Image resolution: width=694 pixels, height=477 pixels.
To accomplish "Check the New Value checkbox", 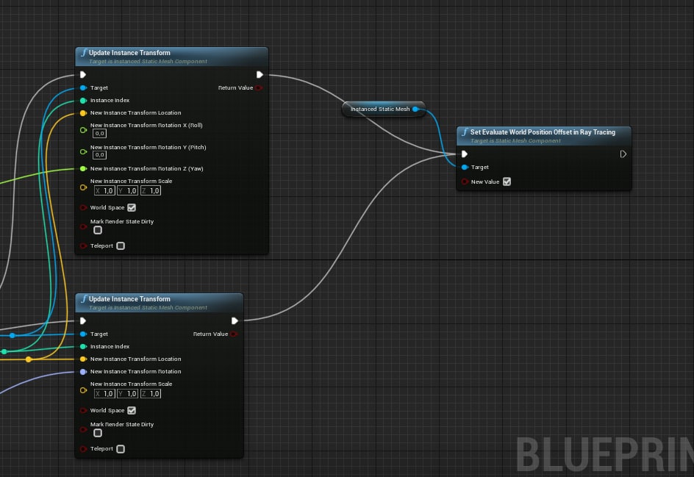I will [x=507, y=182].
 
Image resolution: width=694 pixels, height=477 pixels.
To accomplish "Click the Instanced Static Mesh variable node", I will [x=379, y=110].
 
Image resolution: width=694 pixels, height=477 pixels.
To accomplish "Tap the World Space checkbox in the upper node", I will [x=132, y=207].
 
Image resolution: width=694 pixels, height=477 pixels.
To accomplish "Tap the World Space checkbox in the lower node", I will [x=132, y=410].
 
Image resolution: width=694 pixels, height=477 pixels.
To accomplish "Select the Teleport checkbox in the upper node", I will [x=121, y=245].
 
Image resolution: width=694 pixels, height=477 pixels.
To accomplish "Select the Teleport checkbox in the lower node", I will [x=121, y=448].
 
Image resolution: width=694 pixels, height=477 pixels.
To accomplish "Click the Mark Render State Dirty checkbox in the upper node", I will [x=98, y=230].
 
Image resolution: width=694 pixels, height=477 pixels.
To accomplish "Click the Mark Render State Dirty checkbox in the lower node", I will [x=98, y=433].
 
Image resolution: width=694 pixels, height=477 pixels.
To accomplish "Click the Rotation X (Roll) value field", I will [x=99, y=134].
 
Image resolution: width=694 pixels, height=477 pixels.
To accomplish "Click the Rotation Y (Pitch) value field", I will [x=99, y=155].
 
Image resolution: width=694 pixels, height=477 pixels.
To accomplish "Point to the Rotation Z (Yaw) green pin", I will [x=83, y=168].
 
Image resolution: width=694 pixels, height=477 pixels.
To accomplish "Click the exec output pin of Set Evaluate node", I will [x=623, y=154].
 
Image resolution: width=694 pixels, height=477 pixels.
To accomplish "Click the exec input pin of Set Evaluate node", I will [x=464, y=154].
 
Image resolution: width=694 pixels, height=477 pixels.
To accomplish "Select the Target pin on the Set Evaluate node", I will [x=464, y=167].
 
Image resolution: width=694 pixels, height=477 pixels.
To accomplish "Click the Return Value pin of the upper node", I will [x=259, y=87].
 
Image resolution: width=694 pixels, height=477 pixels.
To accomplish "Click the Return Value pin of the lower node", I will [x=234, y=334].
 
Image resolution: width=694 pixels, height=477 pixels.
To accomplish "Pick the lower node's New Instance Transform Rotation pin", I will [x=83, y=371].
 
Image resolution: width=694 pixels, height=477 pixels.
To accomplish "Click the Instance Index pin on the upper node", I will [x=83, y=100].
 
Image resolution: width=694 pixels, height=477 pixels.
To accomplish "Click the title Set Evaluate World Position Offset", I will [x=543, y=132].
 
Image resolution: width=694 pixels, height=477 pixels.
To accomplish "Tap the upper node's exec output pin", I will [x=260, y=74].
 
